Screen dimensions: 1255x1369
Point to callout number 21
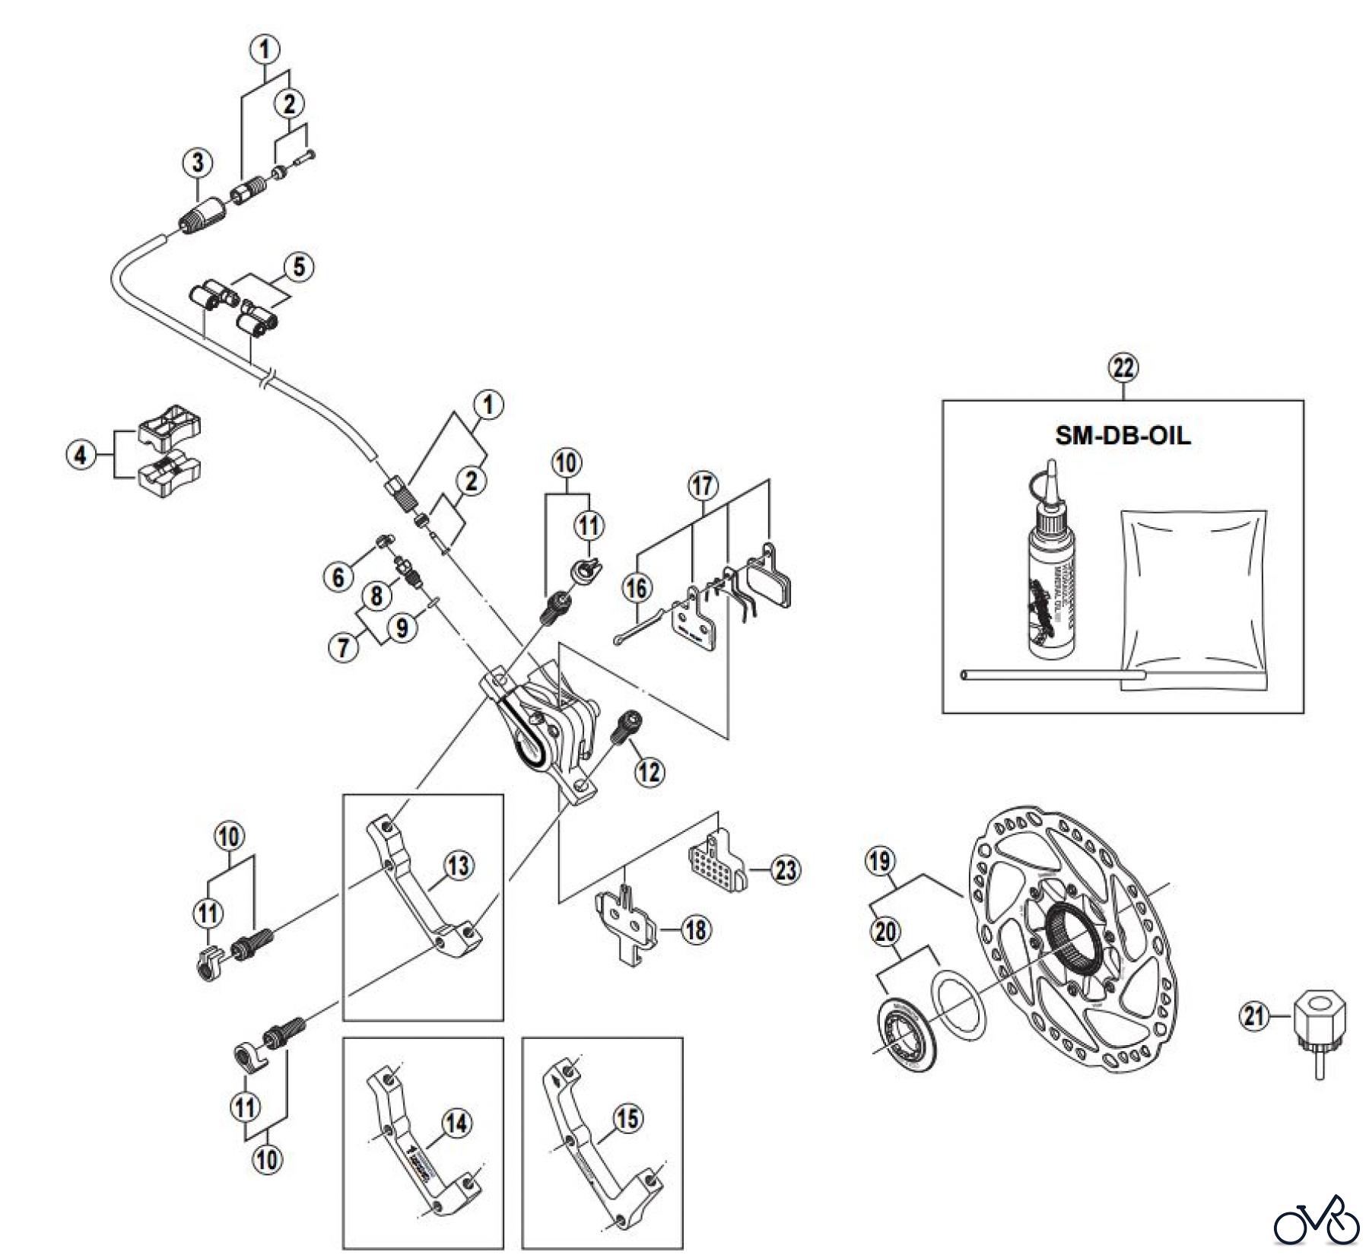(x=1256, y=1015)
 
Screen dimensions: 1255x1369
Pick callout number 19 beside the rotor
(x=881, y=862)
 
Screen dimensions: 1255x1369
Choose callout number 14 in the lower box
(x=456, y=1124)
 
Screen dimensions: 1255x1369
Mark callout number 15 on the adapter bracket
(x=627, y=1119)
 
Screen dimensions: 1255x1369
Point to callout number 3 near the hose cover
(x=198, y=162)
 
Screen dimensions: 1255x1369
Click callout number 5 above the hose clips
(x=298, y=267)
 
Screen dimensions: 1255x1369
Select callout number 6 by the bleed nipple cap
(x=338, y=577)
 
